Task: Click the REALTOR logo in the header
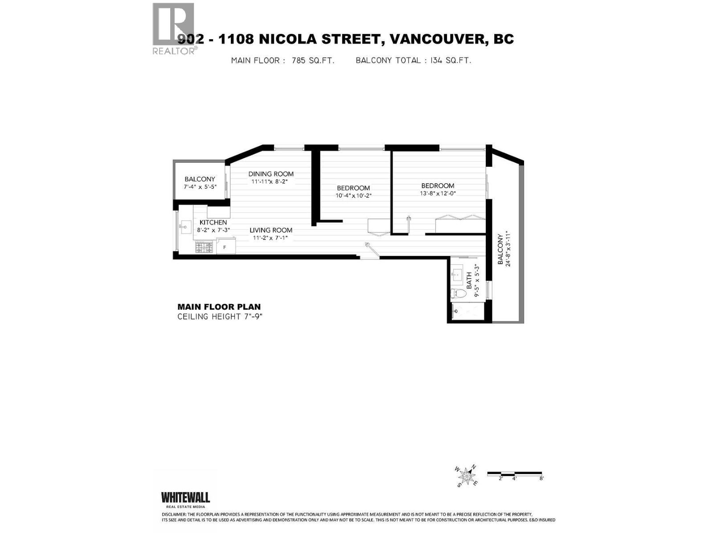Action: point(174,28)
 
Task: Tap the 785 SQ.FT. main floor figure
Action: point(313,61)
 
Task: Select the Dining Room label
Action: point(271,174)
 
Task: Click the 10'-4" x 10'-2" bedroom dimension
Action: point(353,195)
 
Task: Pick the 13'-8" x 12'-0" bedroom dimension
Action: point(438,193)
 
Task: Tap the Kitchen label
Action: point(213,222)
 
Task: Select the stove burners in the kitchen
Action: point(205,247)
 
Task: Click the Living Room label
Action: point(271,230)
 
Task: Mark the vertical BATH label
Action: point(469,281)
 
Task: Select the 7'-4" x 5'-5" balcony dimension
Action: point(200,186)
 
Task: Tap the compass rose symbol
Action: point(466,476)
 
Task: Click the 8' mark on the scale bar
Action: point(541,478)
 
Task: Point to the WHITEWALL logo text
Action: point(185,497)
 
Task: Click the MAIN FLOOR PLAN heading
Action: point(219,307)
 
